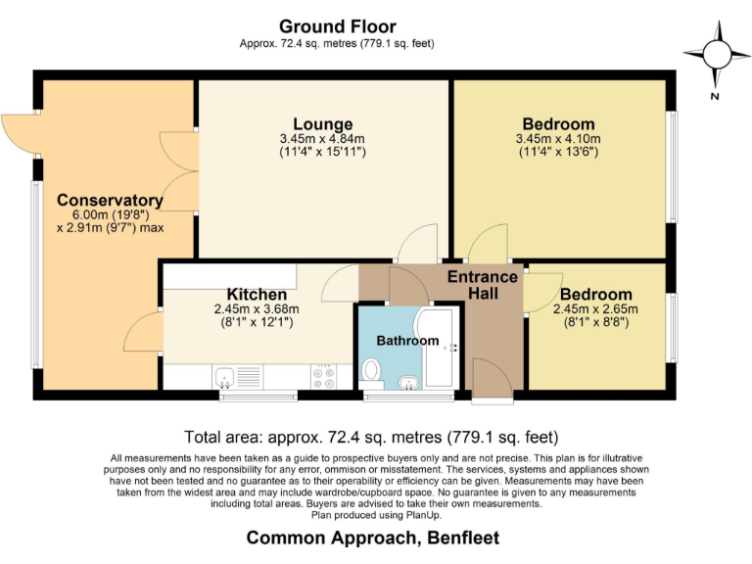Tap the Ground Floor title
pyautogui.click(x=337, y=26)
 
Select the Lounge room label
pyautogui.click(x=322, y=124)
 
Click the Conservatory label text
pyautogui.click(x=109, y=201)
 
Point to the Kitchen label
pyautogui.click(x=257, y=294)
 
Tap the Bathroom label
pyautogui.click(x=407, y=341)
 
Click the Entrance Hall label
pyautogui.click(x=482, y=285)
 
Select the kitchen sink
pyautogui.click(x=225, y=375)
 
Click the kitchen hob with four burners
pyautogui.click(x=324, y=375)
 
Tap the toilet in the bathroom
pyautogui.click(x=371, y=370)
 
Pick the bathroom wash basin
pyautogui.click(x=407, y=380)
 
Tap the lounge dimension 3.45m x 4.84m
pyautogui.click(x=322, y=139)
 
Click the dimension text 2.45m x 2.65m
pyautogui.click(x=594, y=308)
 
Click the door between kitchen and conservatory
pyautogui.click(x=143, y=333)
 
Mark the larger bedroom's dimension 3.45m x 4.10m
pyautogui.click(x=557, y=139)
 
